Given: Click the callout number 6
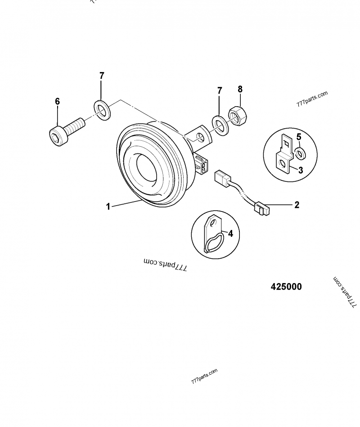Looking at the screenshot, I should click(57, 102).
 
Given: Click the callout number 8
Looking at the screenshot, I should click(239, 89).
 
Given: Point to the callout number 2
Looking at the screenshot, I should click(297, 205).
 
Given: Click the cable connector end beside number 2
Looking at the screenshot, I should click(262, 209).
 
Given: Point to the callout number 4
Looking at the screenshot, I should click(230, 234).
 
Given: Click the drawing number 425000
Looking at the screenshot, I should click(286, 287).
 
